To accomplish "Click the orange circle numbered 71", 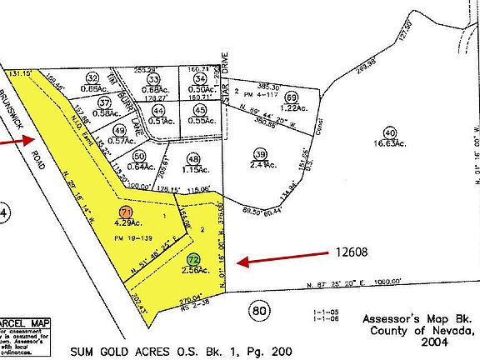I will pos(125,212).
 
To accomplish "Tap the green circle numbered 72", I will pos(192,260).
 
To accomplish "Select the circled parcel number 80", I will pos(261,311).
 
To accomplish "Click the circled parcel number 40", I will pos(388,132).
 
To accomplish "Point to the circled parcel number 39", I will pos(261,154).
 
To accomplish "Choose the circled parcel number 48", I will pos(194,159).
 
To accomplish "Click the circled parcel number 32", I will pos(92,77).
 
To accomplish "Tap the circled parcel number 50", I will pos(139,156).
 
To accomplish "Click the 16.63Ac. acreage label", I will pos(389,144).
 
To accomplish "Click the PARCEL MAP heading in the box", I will pos(24,323).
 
